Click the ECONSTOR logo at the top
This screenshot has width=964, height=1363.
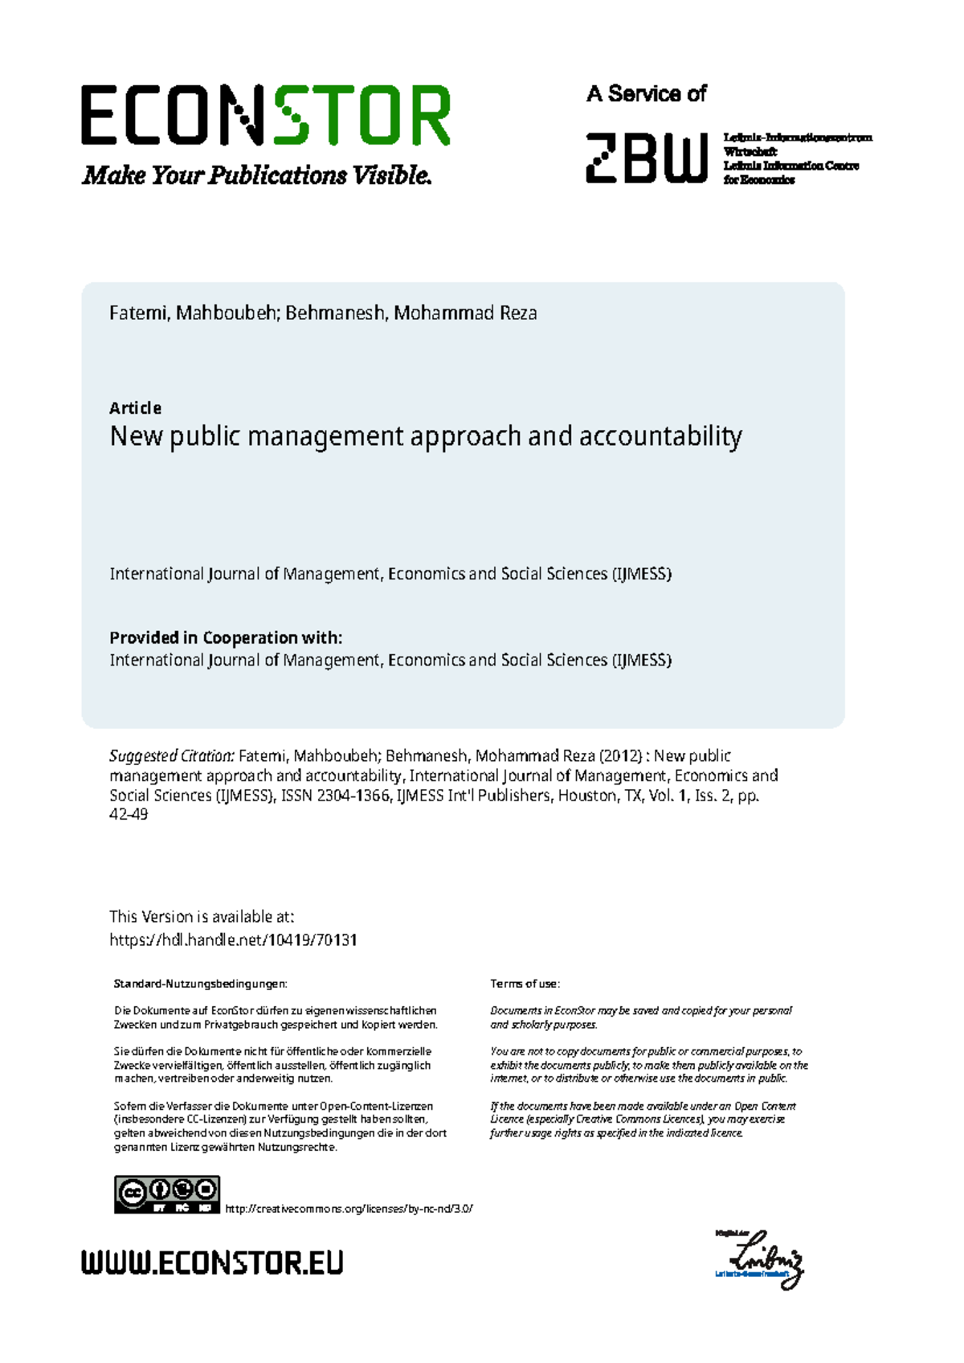pos(265,116)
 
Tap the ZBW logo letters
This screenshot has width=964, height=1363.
pos(647,158)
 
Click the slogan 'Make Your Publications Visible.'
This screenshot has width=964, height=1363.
pos(257,175)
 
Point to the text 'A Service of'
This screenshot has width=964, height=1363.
pos(646,94)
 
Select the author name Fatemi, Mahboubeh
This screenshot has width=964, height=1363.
pos(194,313)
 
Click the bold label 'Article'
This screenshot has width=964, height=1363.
pos(135,408)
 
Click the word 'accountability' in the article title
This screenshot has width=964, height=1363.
pos(660,436)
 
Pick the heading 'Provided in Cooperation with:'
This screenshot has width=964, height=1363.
pos(226,638)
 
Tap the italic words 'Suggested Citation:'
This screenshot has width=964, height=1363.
pos(172,756)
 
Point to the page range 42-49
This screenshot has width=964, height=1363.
pos(129,815)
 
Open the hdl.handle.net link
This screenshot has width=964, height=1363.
pos(233,940)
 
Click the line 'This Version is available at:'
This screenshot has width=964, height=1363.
pos(202,917)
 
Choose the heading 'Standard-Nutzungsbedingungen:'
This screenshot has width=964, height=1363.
pos(200,984)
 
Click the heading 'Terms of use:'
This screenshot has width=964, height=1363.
pos(525,984)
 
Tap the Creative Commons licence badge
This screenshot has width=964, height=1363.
pos(167,1195)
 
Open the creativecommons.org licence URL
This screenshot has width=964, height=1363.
pos(349,1209)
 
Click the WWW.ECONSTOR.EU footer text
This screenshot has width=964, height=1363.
pos(212,1263)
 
